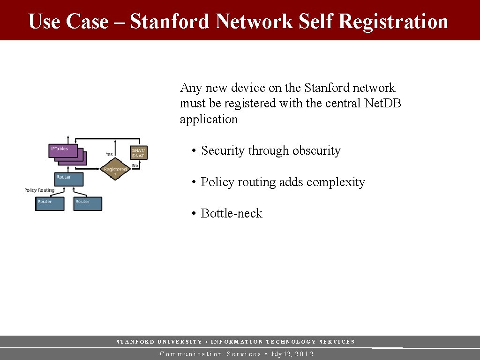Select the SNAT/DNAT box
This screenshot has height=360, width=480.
point(139,153)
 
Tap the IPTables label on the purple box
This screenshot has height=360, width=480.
point(60,149)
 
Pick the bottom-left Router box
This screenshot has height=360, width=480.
point(50,204)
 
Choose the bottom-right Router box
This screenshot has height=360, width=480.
point(88,204)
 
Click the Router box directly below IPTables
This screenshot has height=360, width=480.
point(69,179)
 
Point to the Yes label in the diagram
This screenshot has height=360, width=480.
point(109,154)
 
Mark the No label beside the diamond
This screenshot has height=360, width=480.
point(135,165)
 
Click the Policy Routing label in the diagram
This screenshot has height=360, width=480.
point(39,190)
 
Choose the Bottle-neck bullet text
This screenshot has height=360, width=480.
point(232,214)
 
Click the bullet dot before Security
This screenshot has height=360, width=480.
point(193,151)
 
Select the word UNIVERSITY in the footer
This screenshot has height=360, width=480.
point(180,342)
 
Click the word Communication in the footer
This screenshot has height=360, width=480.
point(191,354)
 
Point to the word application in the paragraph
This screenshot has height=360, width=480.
point(209,120)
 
